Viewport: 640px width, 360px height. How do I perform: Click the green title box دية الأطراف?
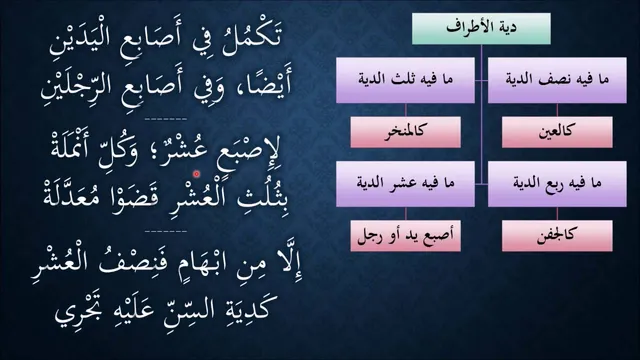pyautogui.click(x=481, y=29)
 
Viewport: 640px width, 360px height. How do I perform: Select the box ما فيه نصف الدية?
pyautogui.click(x=557, y=80)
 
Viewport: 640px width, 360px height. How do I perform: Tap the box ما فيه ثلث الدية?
pyautogui.click(x=405, y=80)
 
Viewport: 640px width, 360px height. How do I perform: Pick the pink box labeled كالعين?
pyautogui.click(x=557, y=132)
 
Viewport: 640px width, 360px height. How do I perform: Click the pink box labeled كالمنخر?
pyautogui.click(x=405, y=132)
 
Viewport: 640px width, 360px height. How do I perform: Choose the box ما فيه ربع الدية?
pyautogui.click(x=557, y=184)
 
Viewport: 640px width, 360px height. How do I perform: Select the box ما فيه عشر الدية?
pyautogui.click(x=405, y=184)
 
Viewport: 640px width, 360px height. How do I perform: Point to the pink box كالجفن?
pyautogui.click(x=557, y=236)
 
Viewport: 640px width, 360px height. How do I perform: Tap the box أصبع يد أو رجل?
pyautogui.click(x=405, y=236)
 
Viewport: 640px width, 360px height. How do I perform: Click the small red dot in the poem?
pyautogui.click(x=196, y=174)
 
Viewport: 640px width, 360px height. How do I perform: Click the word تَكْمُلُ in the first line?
pyautogui.click(x=252, y=38)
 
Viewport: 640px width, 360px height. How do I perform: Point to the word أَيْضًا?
pyautogui.click(x=266, y=85)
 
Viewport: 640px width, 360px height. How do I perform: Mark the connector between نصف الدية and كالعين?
pyautogui.click(x=557, y=110)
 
